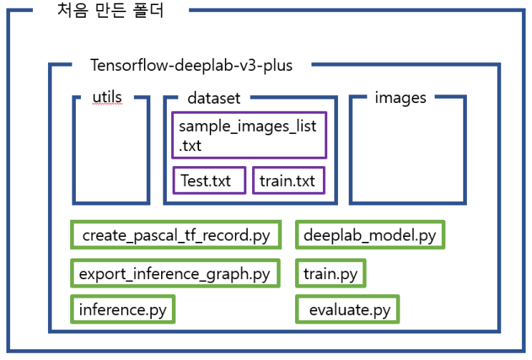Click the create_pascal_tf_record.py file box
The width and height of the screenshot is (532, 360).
(175, 235)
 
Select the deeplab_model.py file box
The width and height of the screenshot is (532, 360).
(370, 235)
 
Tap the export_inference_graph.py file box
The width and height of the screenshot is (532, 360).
(175, 273)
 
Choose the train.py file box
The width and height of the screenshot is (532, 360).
(330, 273)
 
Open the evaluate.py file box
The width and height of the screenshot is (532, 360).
(348, 310)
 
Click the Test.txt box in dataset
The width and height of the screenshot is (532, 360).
(209, 180)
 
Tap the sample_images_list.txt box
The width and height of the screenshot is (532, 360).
(248, 135)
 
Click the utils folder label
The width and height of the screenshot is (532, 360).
(108, 97)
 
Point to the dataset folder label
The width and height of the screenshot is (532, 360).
(213, 97)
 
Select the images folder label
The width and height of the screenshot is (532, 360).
(400, 97)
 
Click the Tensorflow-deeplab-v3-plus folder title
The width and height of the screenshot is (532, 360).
(191, 65)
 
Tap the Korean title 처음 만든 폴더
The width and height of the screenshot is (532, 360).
(110, 12)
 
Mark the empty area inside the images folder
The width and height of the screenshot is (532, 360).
(406, 154)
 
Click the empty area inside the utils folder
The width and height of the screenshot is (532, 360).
(112, 154)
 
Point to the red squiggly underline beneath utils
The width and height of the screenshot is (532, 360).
(108, 104)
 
